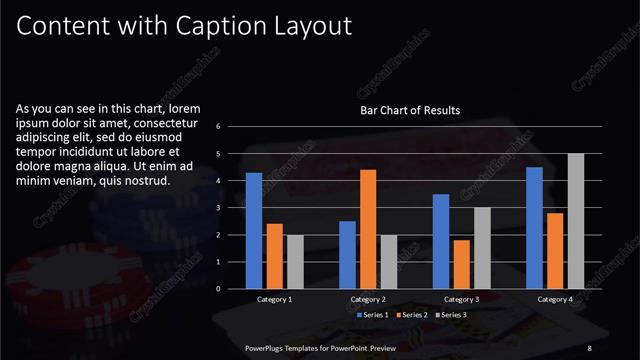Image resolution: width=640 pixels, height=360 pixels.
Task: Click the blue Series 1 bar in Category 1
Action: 254,231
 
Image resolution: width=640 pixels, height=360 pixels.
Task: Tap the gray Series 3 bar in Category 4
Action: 575,221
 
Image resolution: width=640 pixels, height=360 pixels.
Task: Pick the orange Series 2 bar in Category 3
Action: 461,264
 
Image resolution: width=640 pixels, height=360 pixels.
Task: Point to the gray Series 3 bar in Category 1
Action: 295,262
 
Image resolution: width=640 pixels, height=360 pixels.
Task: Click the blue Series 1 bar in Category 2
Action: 347,255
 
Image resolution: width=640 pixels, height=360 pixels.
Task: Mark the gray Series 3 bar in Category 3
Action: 482,248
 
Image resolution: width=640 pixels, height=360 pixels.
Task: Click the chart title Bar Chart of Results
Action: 410,110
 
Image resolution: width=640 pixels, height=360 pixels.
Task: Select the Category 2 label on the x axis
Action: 367,299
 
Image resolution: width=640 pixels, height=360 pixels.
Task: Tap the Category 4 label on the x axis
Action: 554,299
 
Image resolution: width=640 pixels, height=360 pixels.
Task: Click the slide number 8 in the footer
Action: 590,347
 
